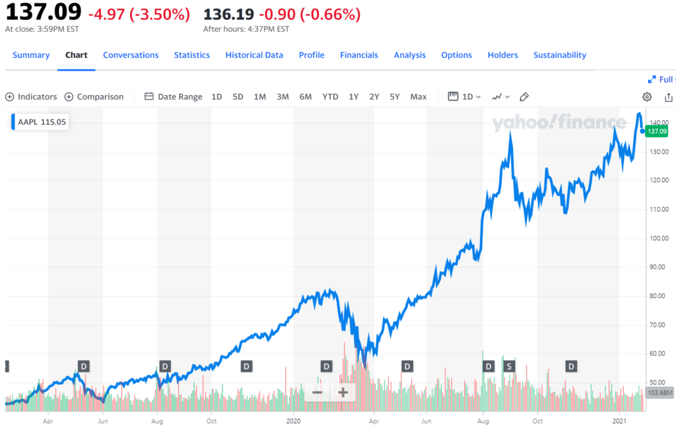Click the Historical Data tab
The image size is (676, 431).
click(254, 55)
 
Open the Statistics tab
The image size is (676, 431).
click(191, 55)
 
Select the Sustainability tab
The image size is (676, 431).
click(559, 55)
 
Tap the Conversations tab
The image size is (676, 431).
click(131, 55)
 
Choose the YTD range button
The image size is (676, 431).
click(330, 96)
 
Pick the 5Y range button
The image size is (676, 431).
click(395, 96)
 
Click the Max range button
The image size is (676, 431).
click(419, 96)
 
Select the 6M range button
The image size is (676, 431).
click(306, 96)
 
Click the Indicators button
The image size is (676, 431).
click(31, 96)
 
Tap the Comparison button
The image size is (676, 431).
click(94, 96)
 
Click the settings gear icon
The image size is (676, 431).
click(647, 96)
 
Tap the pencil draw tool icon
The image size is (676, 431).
click(524, 96)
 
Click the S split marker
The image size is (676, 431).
click(508, 366)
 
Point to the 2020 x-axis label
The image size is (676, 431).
click(294, 420)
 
